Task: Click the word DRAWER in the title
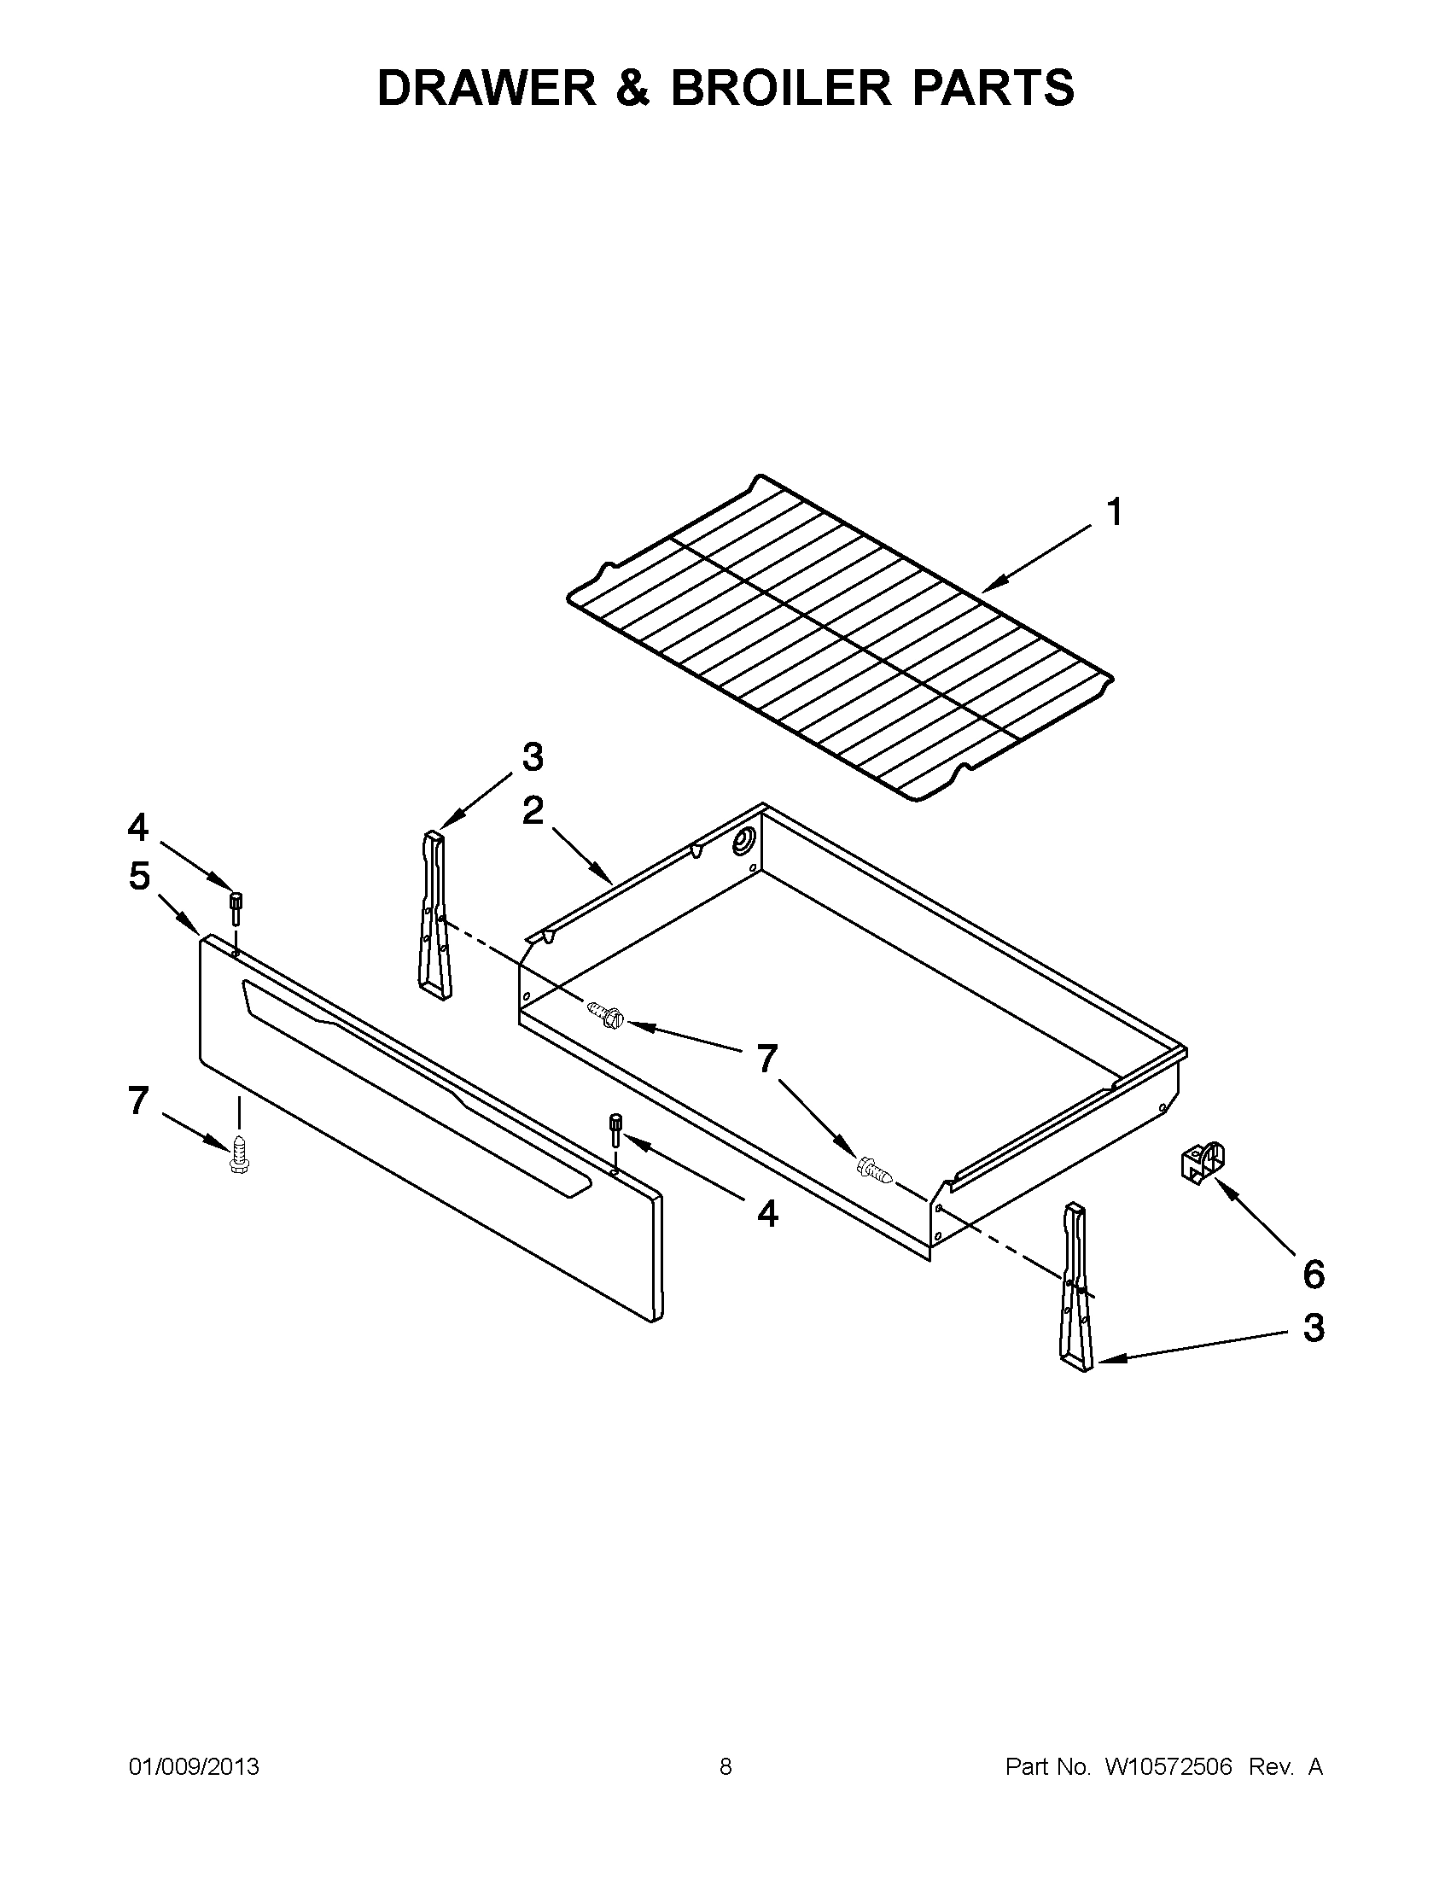(487, 88)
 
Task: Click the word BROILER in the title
(782, 88)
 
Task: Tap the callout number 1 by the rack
(1114, 513)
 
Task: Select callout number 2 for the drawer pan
(533, 810)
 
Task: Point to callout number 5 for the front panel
(139, 877)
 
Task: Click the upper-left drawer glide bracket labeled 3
(435, 914)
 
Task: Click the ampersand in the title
(633, 88)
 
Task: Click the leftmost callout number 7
(137, 1100)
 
